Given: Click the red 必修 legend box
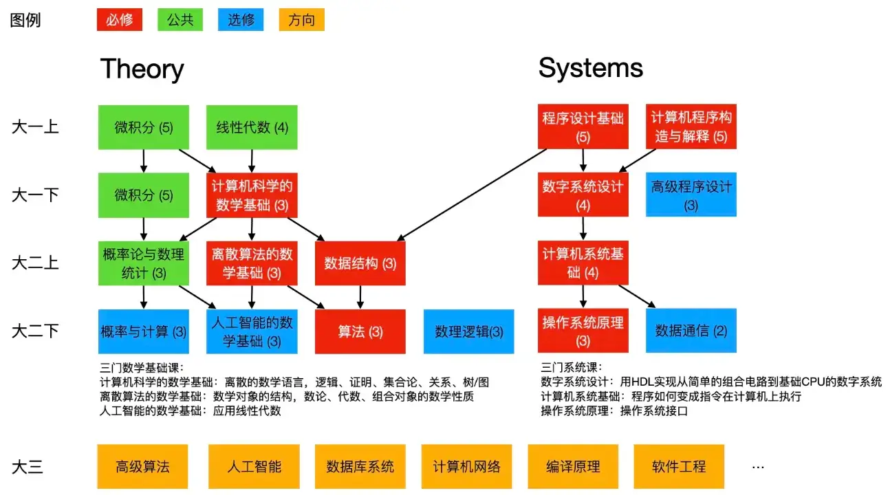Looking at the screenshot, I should click(x=119, y=20).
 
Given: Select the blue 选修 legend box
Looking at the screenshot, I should click(x=241, y=20).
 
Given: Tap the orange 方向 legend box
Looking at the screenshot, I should click(x=301, y=20).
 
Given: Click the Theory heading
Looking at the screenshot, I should click(x=142, y=69).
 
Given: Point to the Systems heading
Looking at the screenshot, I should click(x=590, y=68).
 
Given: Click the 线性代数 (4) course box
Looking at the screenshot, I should click(x=252, y=127).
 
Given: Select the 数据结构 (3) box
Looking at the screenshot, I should click(x=360, y=263).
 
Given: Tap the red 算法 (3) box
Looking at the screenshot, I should click(x=360, y=331).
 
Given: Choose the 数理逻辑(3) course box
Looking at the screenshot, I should click(x=468, y=331).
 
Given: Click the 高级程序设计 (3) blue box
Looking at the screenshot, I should click(x=691, y=195).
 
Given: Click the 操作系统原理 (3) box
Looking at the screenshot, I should click(x=583, y=331).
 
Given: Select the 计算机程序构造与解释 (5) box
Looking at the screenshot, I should click(x=691, y=127).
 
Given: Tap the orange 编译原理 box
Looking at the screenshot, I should click(x=573, y=467).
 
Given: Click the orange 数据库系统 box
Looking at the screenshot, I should click(x=360, y=467).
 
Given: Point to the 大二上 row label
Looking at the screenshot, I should click(x=35, y=263).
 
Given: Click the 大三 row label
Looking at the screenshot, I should click(x=28, y=467).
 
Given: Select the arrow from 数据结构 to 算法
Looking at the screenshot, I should click(x=360, y=297).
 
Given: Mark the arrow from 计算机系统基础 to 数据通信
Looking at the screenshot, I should click(x=636, y=297).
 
